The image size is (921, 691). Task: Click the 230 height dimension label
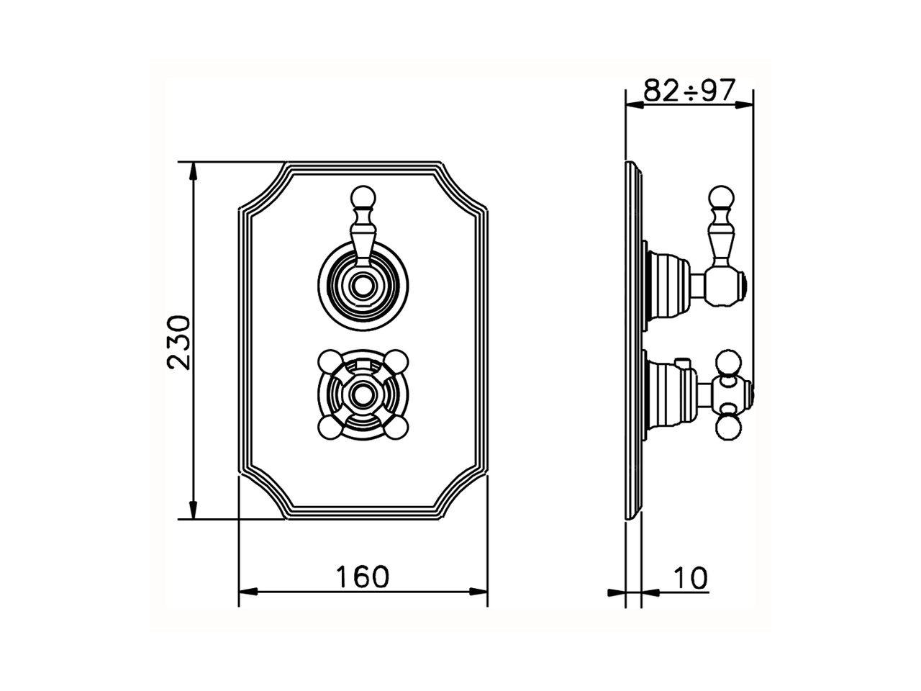(178, 341)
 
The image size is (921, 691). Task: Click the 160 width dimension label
(363, 576)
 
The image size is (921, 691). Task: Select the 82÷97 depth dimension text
(689, 91)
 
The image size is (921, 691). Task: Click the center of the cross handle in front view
(362, 394)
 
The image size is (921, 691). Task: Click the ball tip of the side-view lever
(722, 195)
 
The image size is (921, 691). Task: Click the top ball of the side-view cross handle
(727, 362)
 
